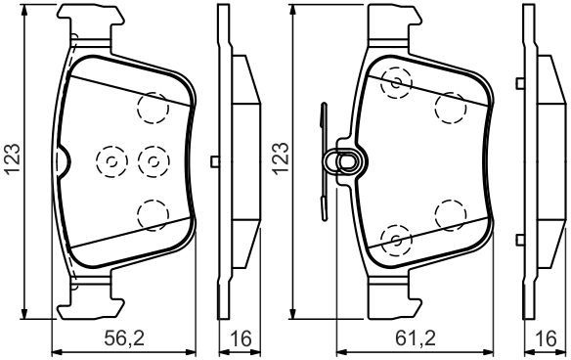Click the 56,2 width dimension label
coord(124,338)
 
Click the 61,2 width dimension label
coord(416,338)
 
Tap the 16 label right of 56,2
coord(242,338)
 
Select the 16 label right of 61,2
coord(547,338)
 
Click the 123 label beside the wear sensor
coord(281,159)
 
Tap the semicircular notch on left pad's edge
coord(63,160)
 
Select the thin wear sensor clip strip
coord(323,161)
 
